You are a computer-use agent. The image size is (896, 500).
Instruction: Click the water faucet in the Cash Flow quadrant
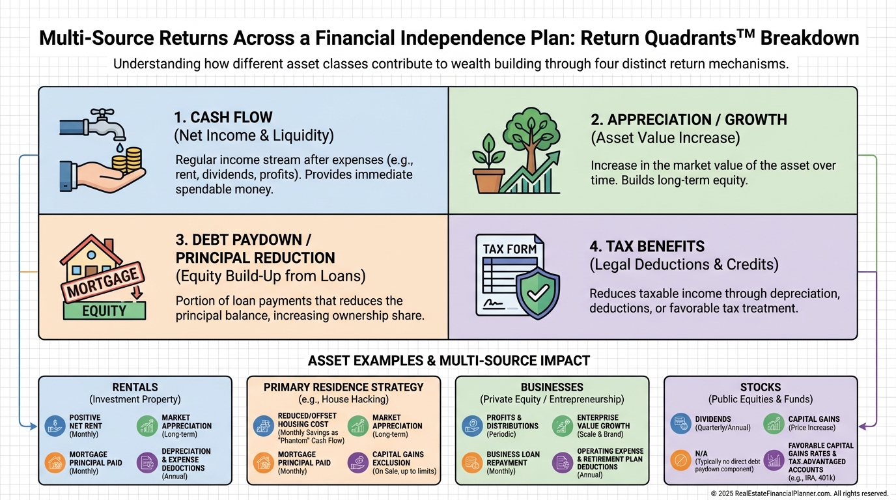click(91, 124)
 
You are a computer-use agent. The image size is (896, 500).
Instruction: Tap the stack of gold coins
click(132, 160)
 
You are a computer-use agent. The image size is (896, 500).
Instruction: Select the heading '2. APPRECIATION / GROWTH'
click(688, 120)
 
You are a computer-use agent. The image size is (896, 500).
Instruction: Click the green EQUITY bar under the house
click(104, 311)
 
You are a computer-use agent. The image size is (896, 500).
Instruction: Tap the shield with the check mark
click(537, 294)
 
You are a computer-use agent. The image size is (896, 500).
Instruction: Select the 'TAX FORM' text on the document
click(510, 249)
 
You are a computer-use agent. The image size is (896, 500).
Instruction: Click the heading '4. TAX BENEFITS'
click(647, 247)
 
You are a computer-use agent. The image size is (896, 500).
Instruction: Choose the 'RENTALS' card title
click(135, 387)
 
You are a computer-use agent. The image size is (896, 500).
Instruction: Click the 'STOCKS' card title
click(760, 387)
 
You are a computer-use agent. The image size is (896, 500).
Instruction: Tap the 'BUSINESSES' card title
click(552, 387)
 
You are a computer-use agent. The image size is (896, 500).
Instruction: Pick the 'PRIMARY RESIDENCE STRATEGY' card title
click(343, 387)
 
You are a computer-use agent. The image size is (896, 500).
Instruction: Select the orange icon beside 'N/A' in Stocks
click(680, 460)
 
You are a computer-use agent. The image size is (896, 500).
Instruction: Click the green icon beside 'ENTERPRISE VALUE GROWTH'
click(563, 426)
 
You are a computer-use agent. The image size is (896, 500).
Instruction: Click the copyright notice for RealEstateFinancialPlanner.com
click(800, 493)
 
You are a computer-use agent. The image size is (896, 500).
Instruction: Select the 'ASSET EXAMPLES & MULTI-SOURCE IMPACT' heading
click(449, 360)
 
